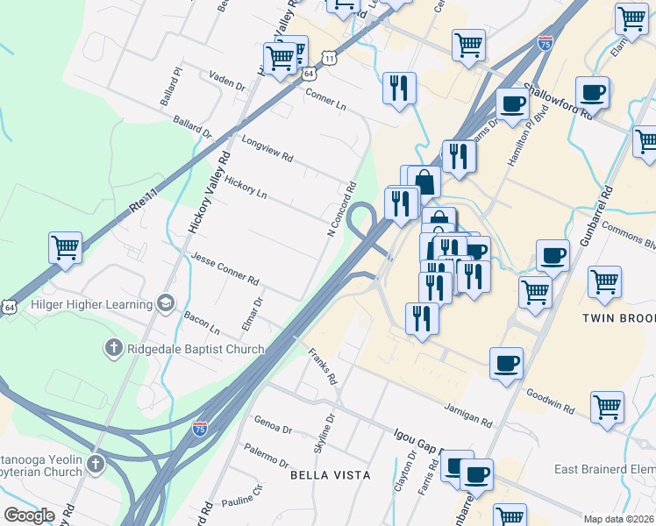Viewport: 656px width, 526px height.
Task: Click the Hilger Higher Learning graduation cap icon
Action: click(x=163, y=303)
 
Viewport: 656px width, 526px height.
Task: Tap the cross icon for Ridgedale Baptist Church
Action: click(x=112, y=349)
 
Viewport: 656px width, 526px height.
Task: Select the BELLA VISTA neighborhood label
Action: click(x=332, y=474)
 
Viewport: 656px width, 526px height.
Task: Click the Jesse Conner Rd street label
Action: click(x=225, y=269)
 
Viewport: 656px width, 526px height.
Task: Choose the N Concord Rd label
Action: click(x=341, y=209)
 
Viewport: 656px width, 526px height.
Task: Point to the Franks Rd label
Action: click(x=323, y=366)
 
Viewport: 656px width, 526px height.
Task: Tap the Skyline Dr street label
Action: click(x=324, y=433)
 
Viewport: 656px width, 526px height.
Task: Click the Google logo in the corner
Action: click(x=29, y=515)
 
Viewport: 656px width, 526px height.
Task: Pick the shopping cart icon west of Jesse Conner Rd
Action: click(x=65, y=248)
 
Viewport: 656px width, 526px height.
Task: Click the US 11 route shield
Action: click(x=327, y=57)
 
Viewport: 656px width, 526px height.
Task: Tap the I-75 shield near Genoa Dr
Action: click(x=200, y=428)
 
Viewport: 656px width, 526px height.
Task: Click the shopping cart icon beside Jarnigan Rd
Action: click(x=607, y=406)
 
